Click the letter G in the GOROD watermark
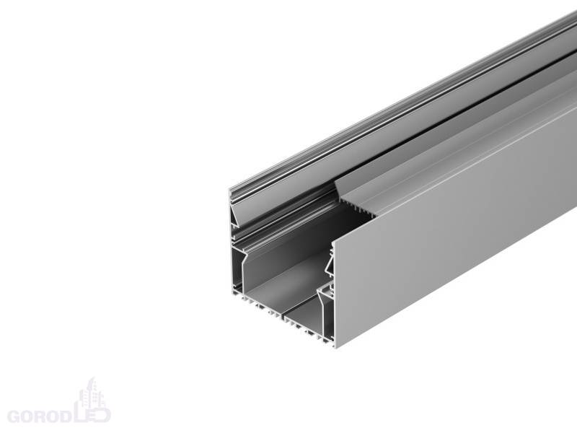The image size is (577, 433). (15, 416)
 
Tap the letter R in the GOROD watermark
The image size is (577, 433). (46, 416)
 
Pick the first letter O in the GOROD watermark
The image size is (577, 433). (31, 416)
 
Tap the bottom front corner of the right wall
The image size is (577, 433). (335, 348)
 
